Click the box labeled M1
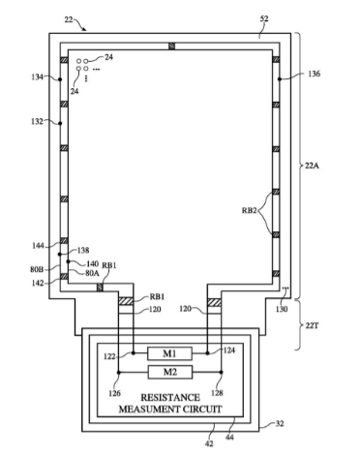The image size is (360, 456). (169, 353)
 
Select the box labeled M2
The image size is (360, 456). (170, 372)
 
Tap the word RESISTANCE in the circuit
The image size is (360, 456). (170, 397)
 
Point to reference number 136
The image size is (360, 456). (314, 74)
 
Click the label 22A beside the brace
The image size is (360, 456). (312, 166)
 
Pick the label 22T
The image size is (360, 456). (312, 325)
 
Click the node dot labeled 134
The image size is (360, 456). (60, 79)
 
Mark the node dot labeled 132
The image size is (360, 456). (60, 123)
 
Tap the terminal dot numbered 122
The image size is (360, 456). (133, 353)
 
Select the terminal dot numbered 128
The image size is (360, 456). (221, 372)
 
